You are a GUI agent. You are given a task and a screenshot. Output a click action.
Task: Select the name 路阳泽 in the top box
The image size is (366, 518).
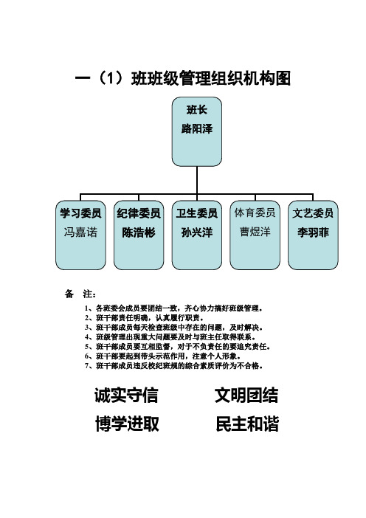click(x=197, y=129)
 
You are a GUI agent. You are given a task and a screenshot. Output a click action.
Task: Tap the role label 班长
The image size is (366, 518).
click(x=197, y=110)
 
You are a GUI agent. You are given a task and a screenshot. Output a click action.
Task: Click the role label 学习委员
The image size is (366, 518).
click(x=80, y=213)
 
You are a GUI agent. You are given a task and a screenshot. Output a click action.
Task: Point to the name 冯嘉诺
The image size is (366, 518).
click(x=80, y=232)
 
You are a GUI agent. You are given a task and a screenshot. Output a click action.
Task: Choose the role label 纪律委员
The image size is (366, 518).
click(x=139, y=213)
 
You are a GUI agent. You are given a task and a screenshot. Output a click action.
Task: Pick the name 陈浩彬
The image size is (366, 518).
click(x=139, y=232)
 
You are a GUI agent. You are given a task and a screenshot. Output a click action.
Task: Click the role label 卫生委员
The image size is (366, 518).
click(x=197, y=213)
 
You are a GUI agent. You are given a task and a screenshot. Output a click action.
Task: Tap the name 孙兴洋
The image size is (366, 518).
click(x=197, y=232)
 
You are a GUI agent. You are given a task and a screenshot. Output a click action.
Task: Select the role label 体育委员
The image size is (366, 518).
click(x=255, y=213)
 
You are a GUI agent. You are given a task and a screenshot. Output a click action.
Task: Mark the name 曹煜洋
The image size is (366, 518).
click(x=255, y=232)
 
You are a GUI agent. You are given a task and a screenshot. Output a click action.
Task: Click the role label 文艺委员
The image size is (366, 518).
click(x=313, y=213)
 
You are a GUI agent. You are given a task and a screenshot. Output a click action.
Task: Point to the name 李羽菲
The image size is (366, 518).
click(x=313, y=232)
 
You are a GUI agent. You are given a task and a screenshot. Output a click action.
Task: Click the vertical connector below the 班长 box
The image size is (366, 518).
click(x=197, y=180)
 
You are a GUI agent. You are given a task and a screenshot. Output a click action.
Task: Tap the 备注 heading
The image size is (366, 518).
click(x=80, y=294)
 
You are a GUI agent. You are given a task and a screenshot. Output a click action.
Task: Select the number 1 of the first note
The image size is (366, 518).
click(x=87, y=308)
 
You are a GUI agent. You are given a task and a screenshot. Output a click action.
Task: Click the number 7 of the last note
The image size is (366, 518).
click(x=87, y=366)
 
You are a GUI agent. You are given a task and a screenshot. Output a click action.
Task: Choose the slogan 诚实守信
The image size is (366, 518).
click(x=126, y=395)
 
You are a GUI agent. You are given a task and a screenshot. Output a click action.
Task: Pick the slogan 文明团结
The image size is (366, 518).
click(x=246, y=395)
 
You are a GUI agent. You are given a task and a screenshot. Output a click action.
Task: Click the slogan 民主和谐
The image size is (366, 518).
click(x=247, y=424)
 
